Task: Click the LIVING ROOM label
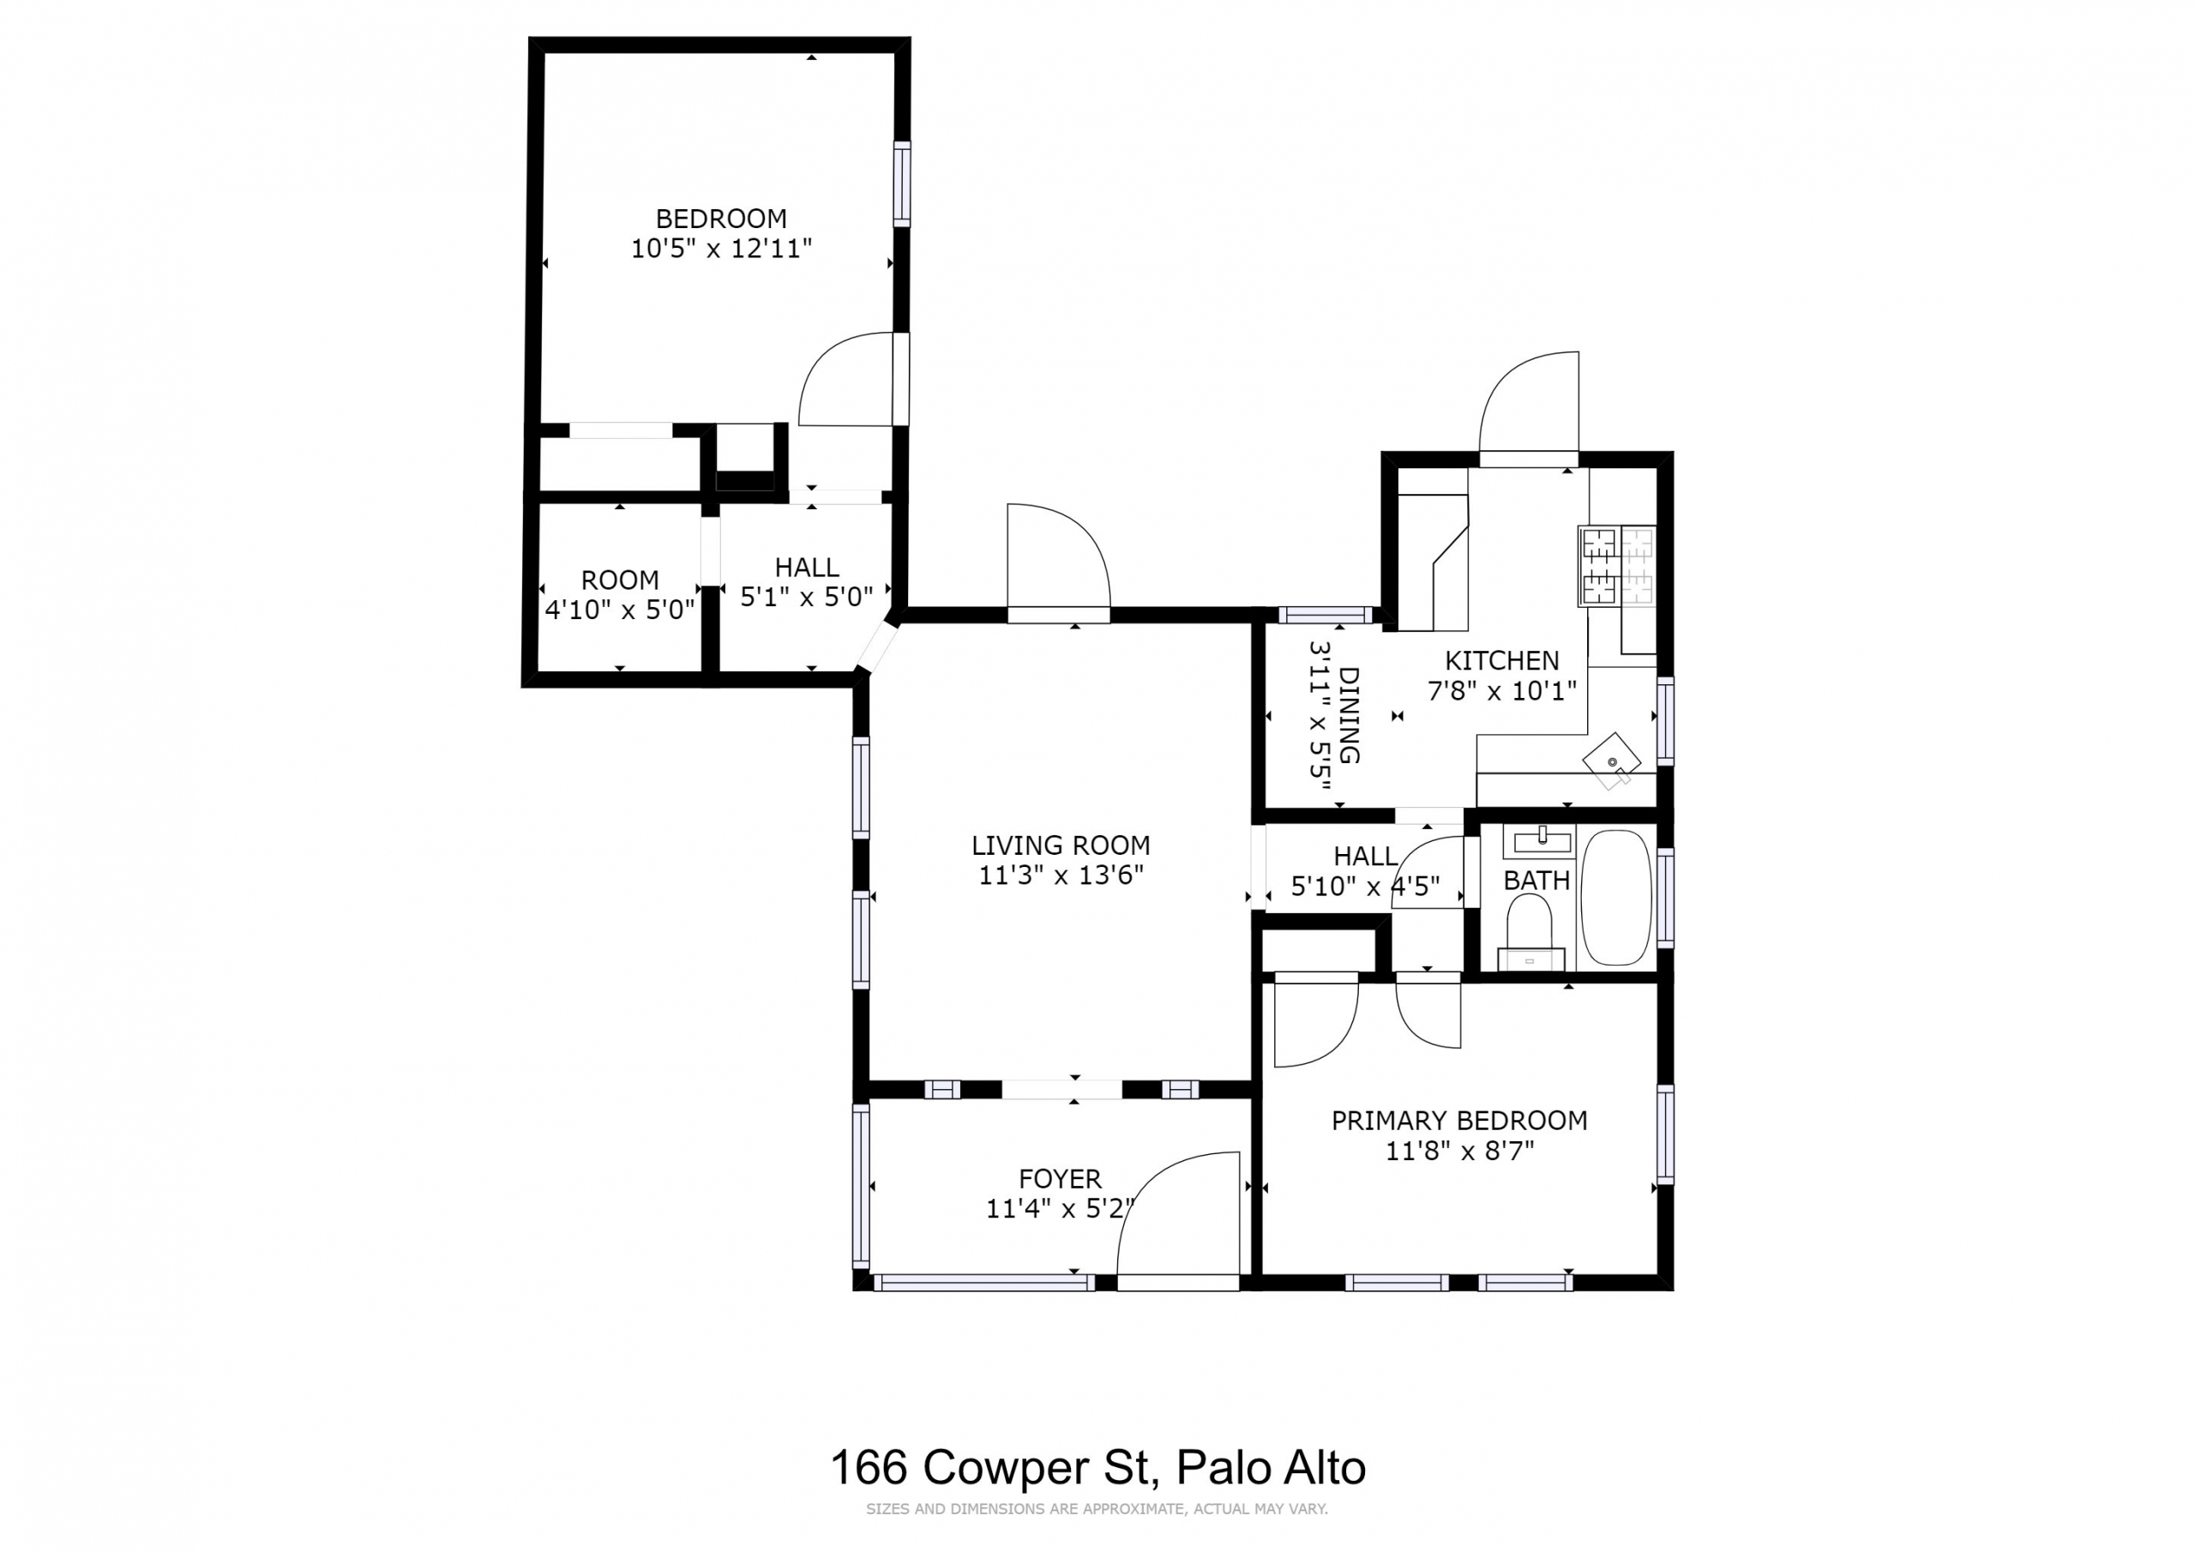[x=1061, y=845]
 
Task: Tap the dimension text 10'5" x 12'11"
[x=721, y=249]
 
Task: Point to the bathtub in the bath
[x=1615, y=897]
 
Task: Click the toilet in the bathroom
[x=1530, y=932]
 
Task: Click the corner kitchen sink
[x=1612, y=761]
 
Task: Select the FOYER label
[x=1061, y=1178]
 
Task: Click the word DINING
[x=1349, y=715]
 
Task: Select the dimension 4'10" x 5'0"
[x=620, y=611]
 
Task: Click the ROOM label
[x=620, y=580]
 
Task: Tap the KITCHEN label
[x=1501, y=660]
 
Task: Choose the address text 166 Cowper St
[x=995, y=1466]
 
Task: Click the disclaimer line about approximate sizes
[x=1097, y=1509]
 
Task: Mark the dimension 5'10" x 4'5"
[x=1365, y=887]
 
